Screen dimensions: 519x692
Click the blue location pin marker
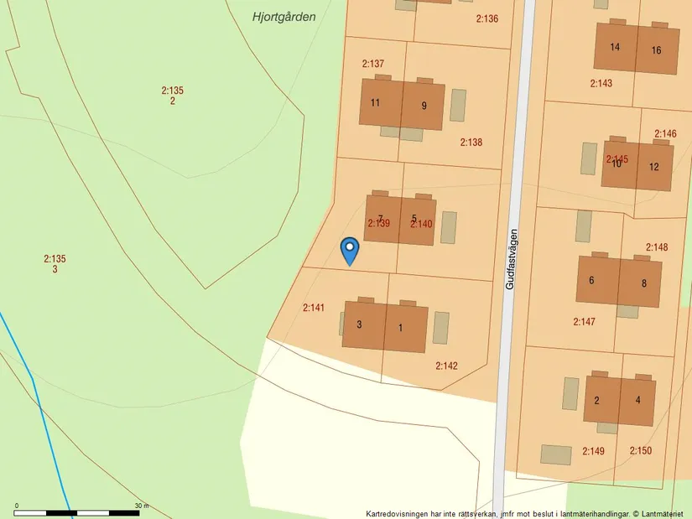pos(350,250)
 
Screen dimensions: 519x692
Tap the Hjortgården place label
pos(284,16)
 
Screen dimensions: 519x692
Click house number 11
pos(375,104)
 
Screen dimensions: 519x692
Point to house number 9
pos(424,106)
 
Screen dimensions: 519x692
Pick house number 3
pos(359,324)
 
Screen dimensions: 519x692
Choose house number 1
pos(400,327)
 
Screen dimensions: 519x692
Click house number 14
pos(615,47)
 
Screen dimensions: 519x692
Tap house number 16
pos(656,50)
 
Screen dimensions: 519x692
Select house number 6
pos(591,280)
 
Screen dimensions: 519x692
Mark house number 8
pos(644,283)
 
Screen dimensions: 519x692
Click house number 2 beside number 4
pos(596,400)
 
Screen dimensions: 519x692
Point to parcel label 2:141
pos(314,309)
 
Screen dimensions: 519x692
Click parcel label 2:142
pos(446,366)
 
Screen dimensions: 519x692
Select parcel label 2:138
pos(471,143)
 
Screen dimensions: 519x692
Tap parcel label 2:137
pos(373,64)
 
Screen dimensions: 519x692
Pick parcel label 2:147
pos(585,322)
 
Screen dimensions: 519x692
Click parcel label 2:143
pos(601,83)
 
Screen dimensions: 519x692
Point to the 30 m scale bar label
pos(141,506)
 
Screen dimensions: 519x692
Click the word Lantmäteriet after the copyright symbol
pos(663,513)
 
